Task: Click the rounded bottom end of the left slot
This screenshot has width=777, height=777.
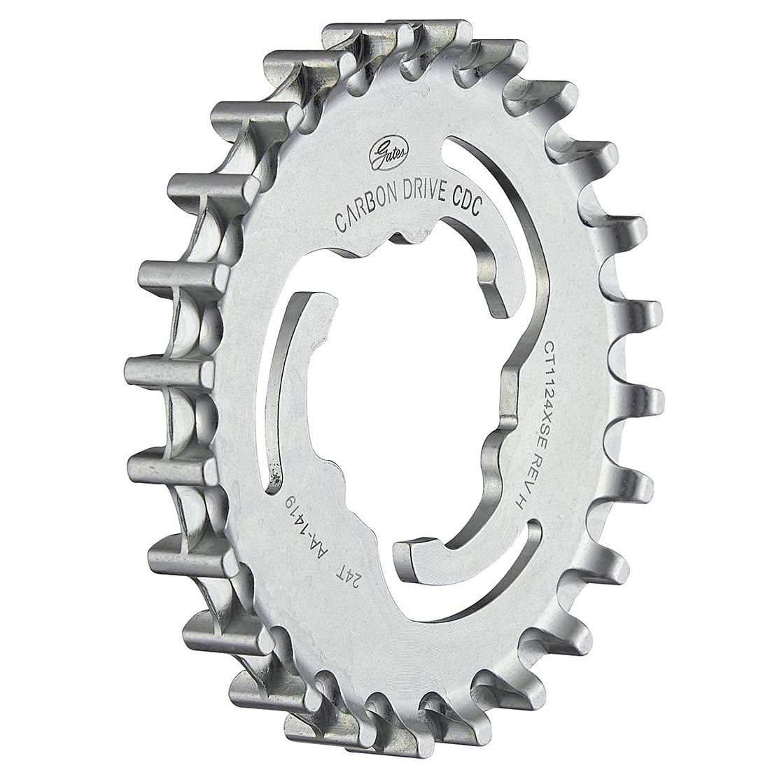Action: pos(269,490)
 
